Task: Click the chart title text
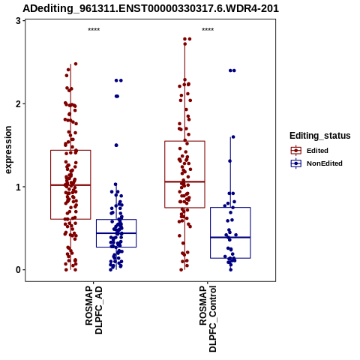[x=151, y=8]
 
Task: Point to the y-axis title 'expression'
[x=8, y=150]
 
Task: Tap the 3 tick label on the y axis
[x=18, y=21]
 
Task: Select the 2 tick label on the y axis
[x=18, y=103]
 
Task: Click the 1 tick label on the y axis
[x=18, y=187]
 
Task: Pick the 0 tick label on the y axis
[x=18, y=270]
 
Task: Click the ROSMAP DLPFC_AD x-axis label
[x=94, y=310]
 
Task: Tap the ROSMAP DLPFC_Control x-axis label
[x=208, y=319]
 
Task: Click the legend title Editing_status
[x=320, y=136]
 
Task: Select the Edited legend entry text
[x=317, y=151]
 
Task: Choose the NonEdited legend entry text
[x=325, y=163]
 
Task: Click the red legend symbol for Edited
[x=296, y=151]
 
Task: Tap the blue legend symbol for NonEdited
[x=296, y=163]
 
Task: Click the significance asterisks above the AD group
[x=94, y=29]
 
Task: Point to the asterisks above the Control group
[x=208, y=29]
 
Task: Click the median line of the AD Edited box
[x=70, y=185]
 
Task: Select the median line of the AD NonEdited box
[x=116, y=233]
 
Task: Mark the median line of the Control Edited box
[x=184, y=181]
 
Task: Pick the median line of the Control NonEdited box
[x=230, y=237]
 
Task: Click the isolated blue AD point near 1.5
[x=116, y=145]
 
